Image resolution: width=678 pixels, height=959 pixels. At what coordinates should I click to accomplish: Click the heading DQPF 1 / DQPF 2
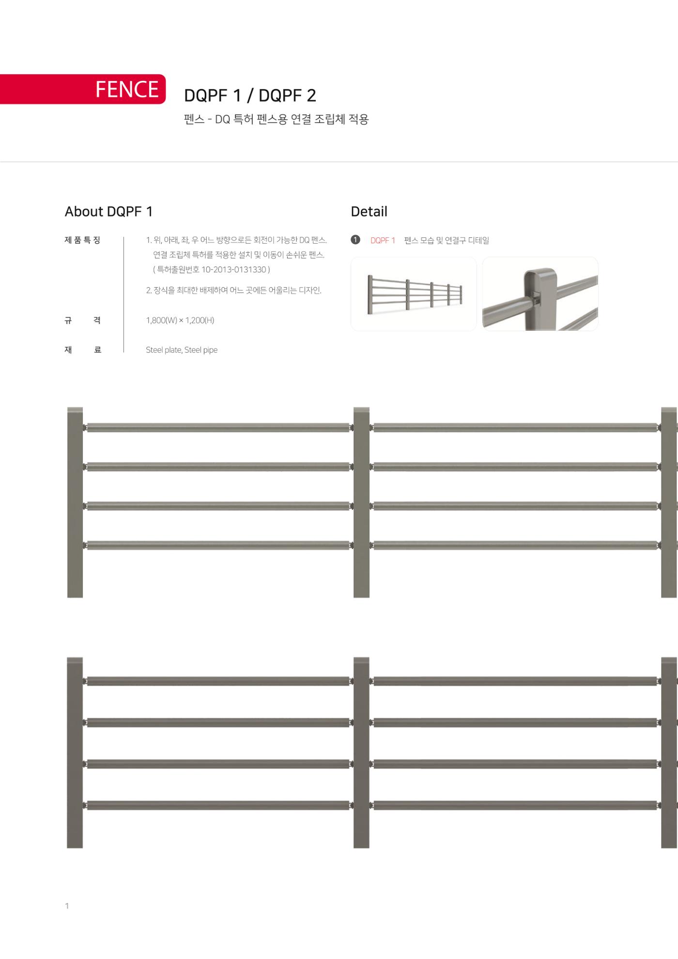pos(250,95)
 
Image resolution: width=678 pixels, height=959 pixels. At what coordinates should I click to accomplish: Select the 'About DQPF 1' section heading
pos(109,212)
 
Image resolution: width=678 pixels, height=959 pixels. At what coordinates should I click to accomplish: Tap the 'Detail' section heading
pos(369,212)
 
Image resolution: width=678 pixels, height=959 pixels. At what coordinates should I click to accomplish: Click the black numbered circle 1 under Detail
pos(355,240)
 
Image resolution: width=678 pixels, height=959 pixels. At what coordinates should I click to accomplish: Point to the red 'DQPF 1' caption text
pos(383,240)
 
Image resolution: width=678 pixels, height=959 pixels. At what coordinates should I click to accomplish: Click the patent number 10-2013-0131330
pos(234,269)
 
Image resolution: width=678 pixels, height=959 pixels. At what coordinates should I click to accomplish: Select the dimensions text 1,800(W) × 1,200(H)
pos(180,320)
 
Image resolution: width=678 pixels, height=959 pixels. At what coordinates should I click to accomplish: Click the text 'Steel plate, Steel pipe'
pos(182,350)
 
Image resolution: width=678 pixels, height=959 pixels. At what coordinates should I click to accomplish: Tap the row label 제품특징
pos(83,240)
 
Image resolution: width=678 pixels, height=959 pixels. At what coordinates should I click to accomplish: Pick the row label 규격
pos(83,320)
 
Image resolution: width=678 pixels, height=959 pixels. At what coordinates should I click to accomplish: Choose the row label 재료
pos(83,350)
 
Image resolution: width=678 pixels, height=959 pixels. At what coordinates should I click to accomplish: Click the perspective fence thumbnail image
pos(414,294)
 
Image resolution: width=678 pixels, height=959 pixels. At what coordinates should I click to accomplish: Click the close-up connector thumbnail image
pos(540,294)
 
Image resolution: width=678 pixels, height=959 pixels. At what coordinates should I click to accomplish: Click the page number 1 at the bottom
pos(67,906)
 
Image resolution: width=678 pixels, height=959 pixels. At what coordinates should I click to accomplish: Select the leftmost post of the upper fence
pos(75,502)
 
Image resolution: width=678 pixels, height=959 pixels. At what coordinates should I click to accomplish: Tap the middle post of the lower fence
pos(361,753)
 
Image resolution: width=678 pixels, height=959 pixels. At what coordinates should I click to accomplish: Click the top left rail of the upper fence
pos(218,428)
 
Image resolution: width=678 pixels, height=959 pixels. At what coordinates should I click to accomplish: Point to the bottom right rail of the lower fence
pos(515,805)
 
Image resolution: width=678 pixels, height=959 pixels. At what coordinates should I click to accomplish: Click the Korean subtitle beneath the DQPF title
pos(277,119)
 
